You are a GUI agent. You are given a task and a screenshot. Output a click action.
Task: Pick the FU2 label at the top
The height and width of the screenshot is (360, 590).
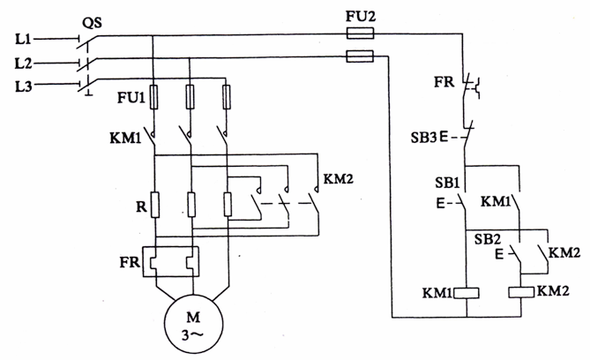point(360,15)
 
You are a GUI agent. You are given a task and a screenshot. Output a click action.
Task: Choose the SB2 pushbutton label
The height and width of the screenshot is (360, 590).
point(489,241)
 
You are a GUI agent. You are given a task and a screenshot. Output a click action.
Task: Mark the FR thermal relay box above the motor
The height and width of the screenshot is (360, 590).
point(173,263)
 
